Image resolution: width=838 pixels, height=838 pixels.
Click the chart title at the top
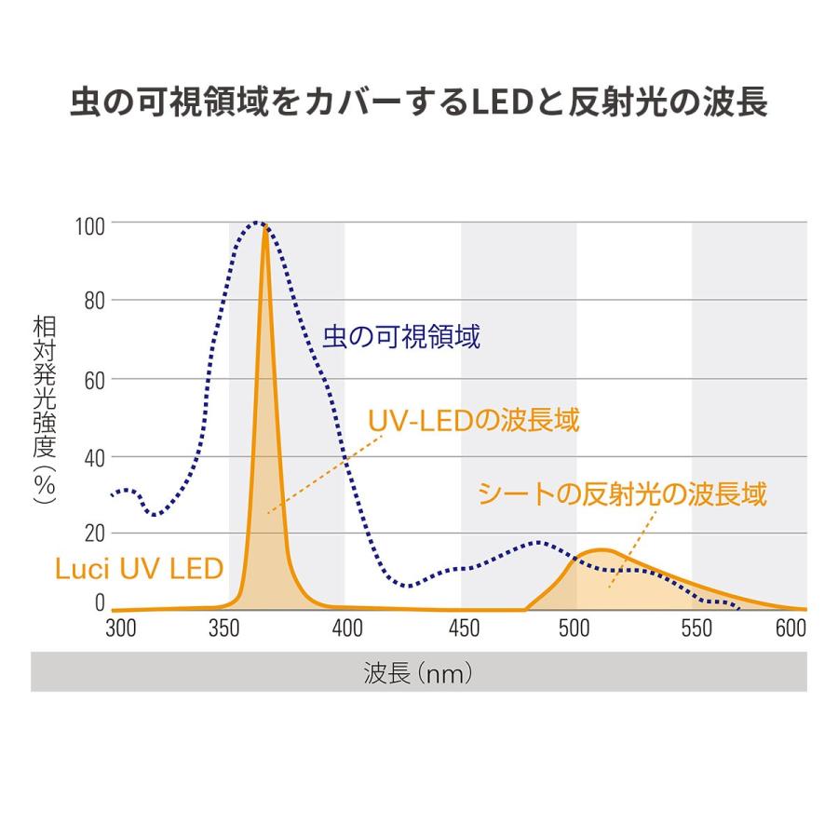click(x=419, y=102)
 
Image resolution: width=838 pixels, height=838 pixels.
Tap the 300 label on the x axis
click(x=121, y=629)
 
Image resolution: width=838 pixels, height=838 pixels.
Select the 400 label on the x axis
click(x=348, y=629)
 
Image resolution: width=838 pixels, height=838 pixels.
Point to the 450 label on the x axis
click(x=463, y=629)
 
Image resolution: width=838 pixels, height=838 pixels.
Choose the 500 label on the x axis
click(x=578, y=629)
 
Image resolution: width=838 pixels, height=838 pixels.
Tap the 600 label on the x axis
click(x=790, y=629)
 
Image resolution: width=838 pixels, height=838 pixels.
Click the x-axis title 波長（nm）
click(x=419, y=672)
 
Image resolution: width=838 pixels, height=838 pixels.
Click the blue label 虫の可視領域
click(x=401, y=337)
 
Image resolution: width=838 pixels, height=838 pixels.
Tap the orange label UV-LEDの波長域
click(x=474, y=420)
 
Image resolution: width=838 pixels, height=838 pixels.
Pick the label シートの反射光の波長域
click(x=622, y=493)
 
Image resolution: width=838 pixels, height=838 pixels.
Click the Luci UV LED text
click(x=139, y=568)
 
